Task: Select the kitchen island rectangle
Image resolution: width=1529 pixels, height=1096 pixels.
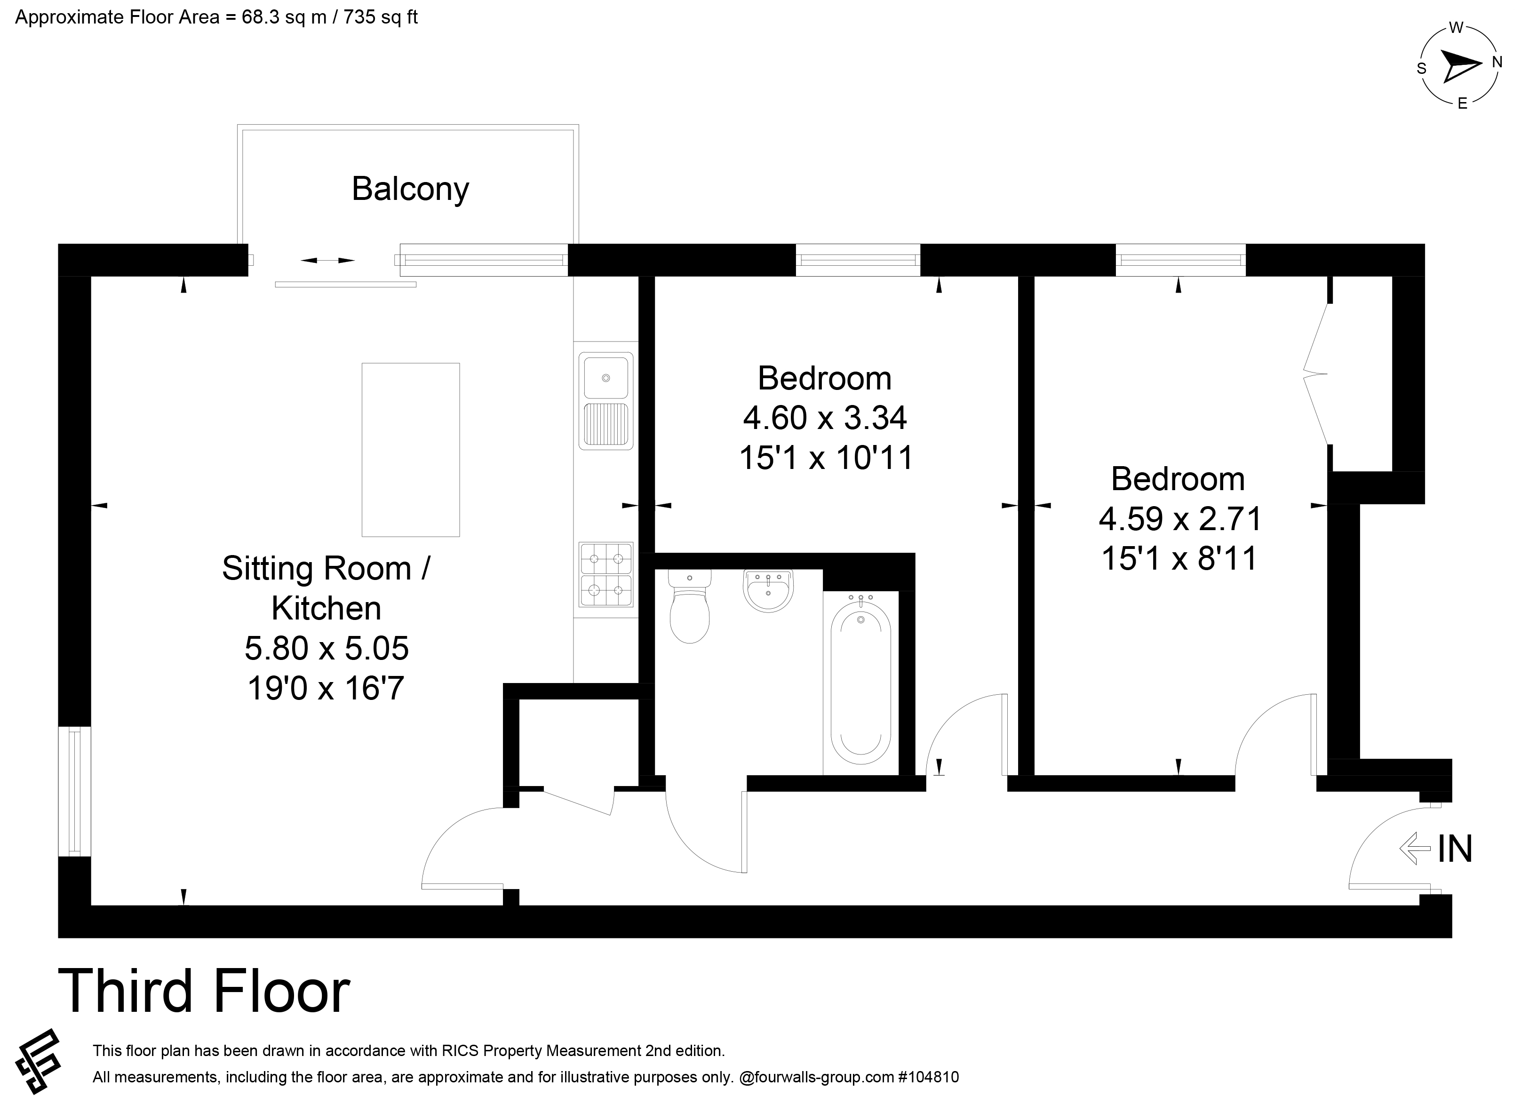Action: point(411,450)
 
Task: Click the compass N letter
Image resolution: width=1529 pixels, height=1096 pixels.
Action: point(1497,63)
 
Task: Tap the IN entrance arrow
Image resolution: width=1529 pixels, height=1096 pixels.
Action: point(1414,848)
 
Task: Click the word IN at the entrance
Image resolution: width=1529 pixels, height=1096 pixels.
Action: point(1455,849)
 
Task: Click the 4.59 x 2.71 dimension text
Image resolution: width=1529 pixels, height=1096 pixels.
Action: point(1180,519)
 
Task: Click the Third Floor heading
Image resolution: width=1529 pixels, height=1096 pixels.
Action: point(204,990)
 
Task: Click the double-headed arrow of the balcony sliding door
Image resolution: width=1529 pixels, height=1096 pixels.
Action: point(327,260)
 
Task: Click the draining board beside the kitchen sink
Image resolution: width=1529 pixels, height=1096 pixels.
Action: point(605,425)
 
